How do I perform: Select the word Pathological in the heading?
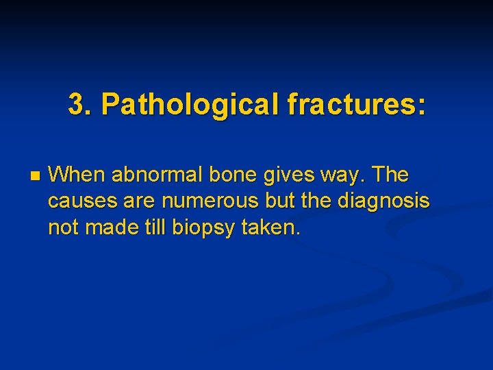190,105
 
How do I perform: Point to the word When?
77,175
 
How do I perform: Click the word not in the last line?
63,227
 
